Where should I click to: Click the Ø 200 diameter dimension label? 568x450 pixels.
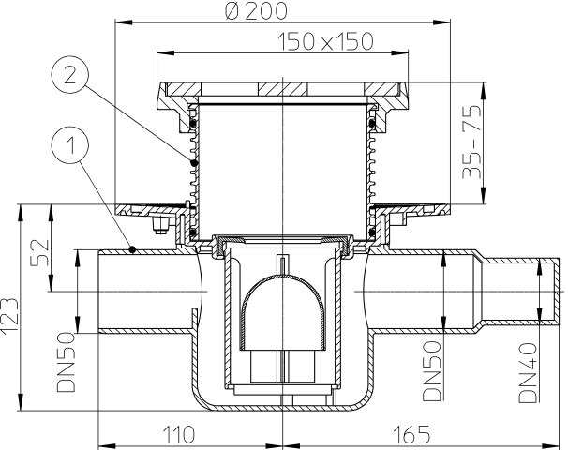(x=256, y=11)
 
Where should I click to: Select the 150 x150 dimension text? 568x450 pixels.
(x=325, y=41)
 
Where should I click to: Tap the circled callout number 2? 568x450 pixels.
(x=69, y=76)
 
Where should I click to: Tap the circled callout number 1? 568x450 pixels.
(x=70, y=145)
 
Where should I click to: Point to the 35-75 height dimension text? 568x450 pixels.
(x=472, y=142)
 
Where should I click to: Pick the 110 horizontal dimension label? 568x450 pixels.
(x=179, y=434)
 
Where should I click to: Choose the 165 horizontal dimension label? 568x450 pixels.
(x=411, y=434)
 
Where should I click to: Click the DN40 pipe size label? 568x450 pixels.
(x=528, y=373)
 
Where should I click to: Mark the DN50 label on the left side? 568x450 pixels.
(x=66, y=362)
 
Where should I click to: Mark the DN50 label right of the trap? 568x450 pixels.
(x=432, y=370)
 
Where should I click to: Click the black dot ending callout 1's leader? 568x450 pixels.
(x=133, y=249)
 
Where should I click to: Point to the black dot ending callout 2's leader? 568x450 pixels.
(x=195, y=163)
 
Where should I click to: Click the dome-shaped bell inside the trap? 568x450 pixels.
(x=282, y=311)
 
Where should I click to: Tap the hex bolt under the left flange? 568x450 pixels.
(x=160, y=225)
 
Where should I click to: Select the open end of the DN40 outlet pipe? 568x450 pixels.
(x=555, y=290)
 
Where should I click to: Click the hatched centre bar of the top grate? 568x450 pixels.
(x=282, y=89)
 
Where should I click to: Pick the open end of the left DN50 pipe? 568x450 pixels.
(x=99, y=292)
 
